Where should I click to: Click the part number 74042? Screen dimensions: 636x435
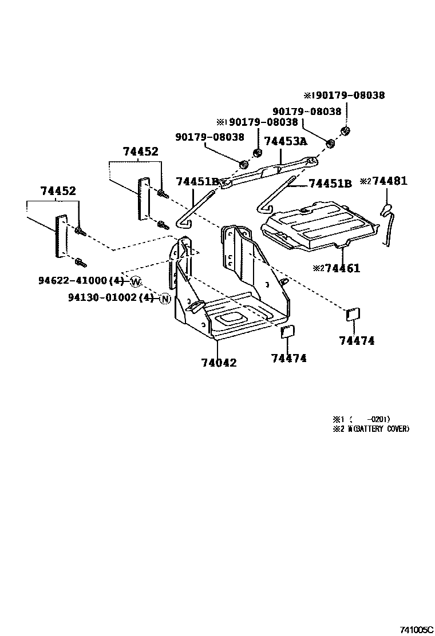pos(219,363)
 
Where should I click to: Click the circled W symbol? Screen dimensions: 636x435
pos(136,281)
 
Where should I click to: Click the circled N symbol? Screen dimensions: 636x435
pos(165,298)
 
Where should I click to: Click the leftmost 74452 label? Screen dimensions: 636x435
pos(58,191)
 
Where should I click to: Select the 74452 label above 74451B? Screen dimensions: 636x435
pos(140,152)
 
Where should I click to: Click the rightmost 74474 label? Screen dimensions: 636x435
pos(356,341)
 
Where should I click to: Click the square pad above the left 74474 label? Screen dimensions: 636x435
pos(287,332)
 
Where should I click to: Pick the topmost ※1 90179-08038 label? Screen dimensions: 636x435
pos(344,96)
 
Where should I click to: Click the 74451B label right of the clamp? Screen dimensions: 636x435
pos(330,184)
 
